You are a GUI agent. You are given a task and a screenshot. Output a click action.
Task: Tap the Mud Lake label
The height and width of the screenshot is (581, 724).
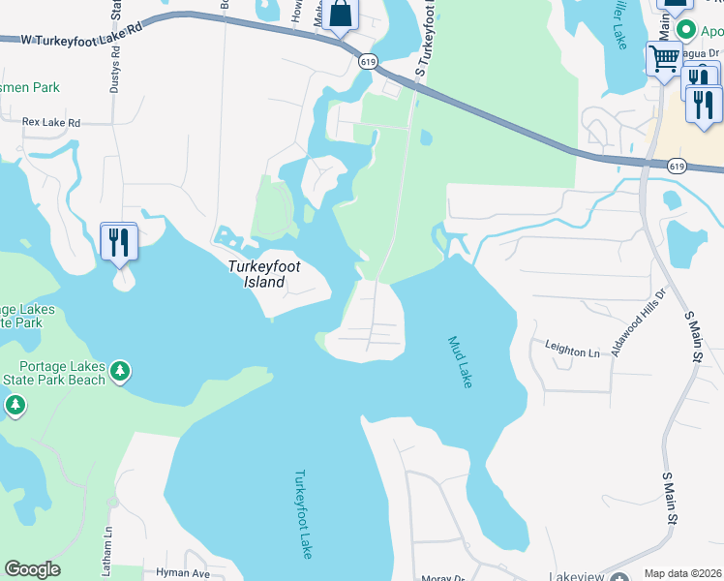click(460, 362)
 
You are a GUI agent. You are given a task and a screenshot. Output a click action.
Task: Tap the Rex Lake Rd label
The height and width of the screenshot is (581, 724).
click(51, 123)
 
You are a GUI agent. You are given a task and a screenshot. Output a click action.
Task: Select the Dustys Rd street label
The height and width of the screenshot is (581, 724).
click(115, 72)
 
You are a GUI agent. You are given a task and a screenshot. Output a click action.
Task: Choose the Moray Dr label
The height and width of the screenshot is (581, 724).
click(443, 578)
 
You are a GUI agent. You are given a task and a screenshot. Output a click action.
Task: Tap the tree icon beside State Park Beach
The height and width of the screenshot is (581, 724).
click(120, 371)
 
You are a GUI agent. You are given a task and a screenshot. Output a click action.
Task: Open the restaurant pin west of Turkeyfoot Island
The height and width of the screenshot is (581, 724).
click(118, 241)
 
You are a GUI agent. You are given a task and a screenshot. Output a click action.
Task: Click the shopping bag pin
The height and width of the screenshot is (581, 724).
click(341, 15)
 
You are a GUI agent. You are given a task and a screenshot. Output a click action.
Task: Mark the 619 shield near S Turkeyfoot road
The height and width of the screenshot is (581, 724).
click(367, 61)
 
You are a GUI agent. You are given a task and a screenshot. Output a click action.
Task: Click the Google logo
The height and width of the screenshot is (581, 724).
click(32, 569)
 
